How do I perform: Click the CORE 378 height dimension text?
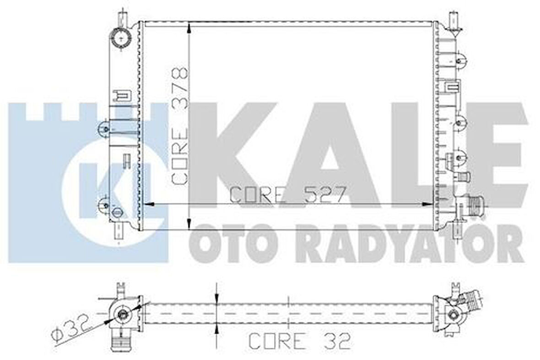point(179,126)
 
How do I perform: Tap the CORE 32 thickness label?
point(300,340)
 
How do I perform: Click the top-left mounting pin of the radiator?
point(122,18)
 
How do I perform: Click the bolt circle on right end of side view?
point(453,315)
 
